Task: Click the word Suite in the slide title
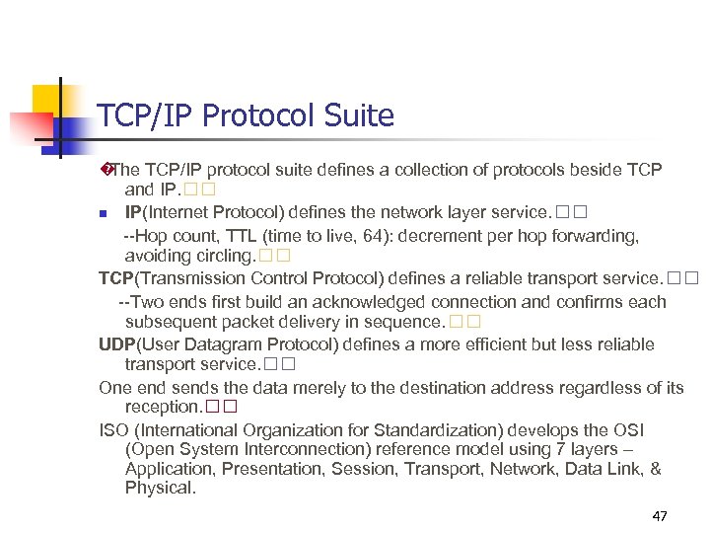[x=359, y=116]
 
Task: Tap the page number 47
[x=660, y=516]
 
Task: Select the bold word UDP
[x=117, y=344]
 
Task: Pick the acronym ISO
[x=112, y=429]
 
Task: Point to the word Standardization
[x=444, y=429]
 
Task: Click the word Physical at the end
[x=160, y=488]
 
